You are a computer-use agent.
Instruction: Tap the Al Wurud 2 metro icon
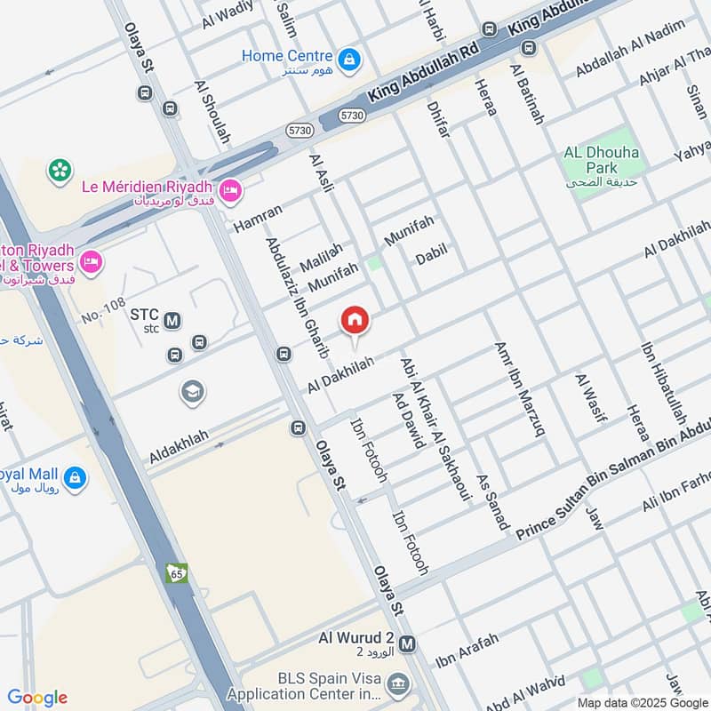pos(408,643)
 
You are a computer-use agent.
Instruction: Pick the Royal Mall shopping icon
pos(76,477)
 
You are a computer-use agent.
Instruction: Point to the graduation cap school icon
pos(191,391)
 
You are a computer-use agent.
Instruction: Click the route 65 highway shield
pos(176,573)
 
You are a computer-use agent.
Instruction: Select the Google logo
pos(37,697)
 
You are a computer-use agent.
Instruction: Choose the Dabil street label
pos(431,258)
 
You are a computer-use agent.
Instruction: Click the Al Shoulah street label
pos(212,113)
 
